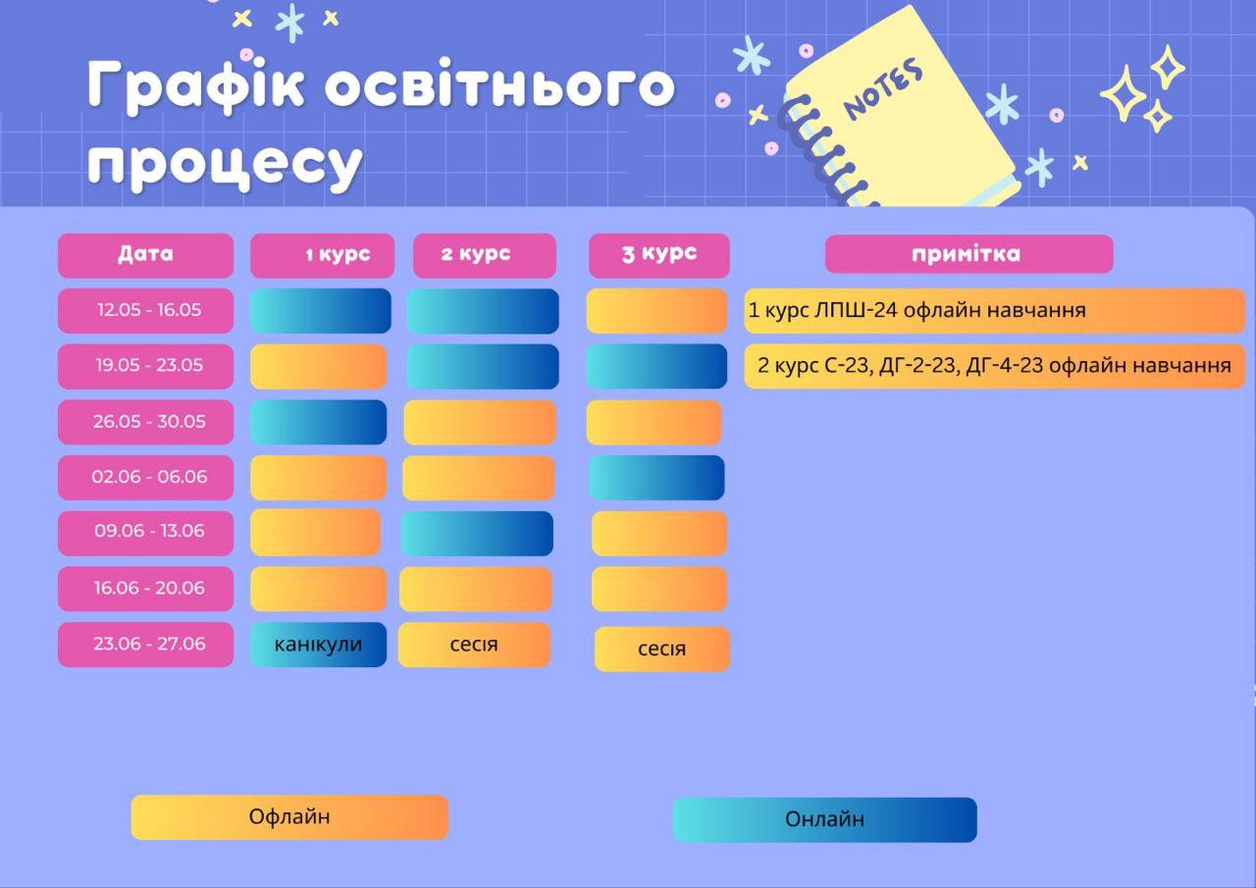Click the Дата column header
(146, 255)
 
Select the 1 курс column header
(323, 255)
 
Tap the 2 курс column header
(485, 255)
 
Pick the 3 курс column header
(658, 255)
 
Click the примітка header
(968, 254)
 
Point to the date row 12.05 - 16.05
(146, 311)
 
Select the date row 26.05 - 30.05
(146, 422)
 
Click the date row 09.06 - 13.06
(146, 533)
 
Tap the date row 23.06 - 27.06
(146, 644)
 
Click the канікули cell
(319, 644)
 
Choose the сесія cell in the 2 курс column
(474, 644)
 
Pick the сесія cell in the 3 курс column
(661, 649)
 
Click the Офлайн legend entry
(289, 816)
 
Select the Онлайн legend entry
(824, 819)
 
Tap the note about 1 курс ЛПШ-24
(995, 311)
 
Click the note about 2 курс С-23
(995, 366)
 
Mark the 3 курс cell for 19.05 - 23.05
(656, 366)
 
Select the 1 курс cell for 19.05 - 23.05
(319, 366)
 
